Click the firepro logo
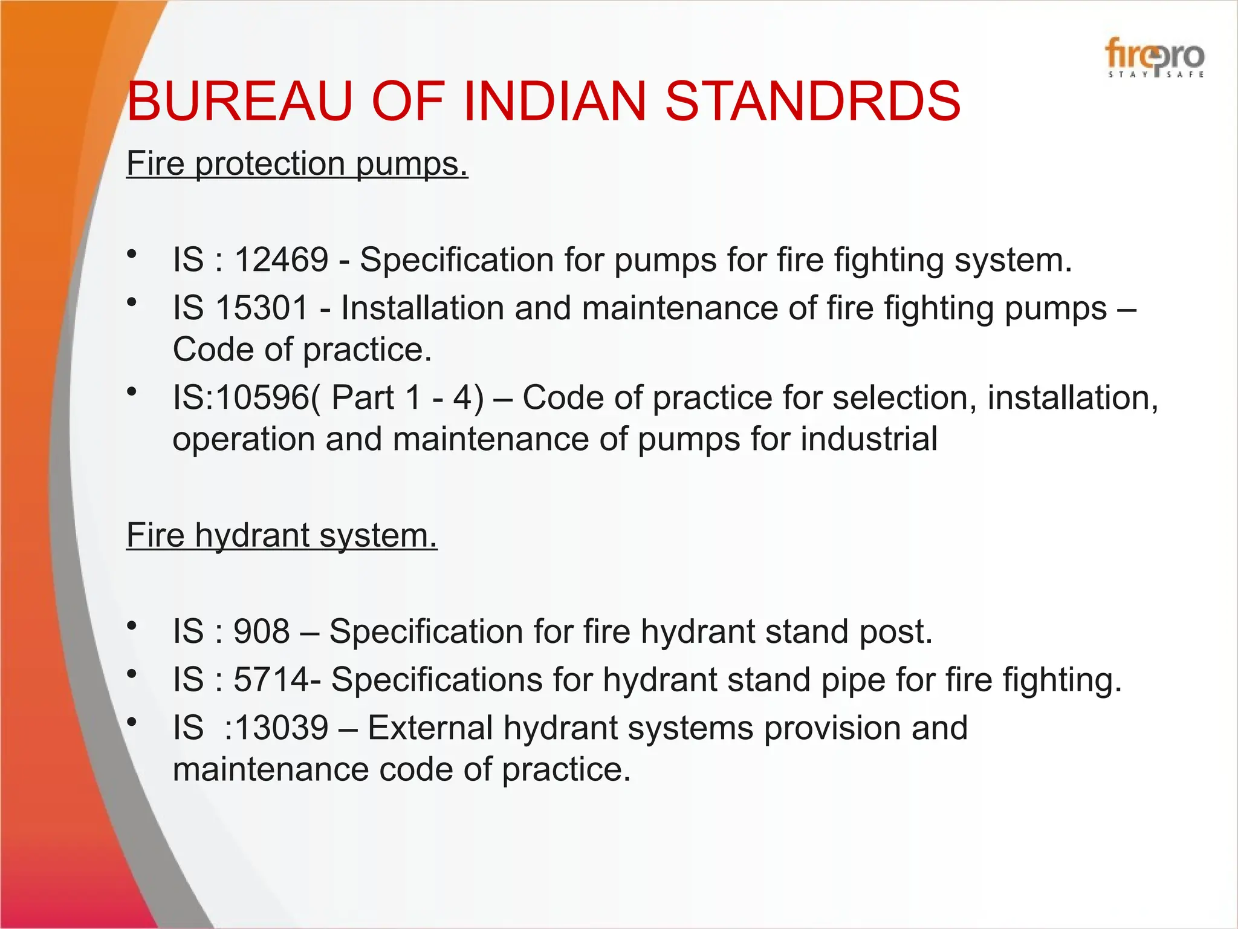(1155, 57)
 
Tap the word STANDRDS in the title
(812, 101)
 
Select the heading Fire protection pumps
(297, 163)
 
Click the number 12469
(281, 259)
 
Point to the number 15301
(262, 308)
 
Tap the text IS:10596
(241, 398)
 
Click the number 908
(262, 631)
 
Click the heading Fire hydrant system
(282, 535)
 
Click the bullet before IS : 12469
(132, 254)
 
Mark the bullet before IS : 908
(132, 626)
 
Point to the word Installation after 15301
(421, 308)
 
